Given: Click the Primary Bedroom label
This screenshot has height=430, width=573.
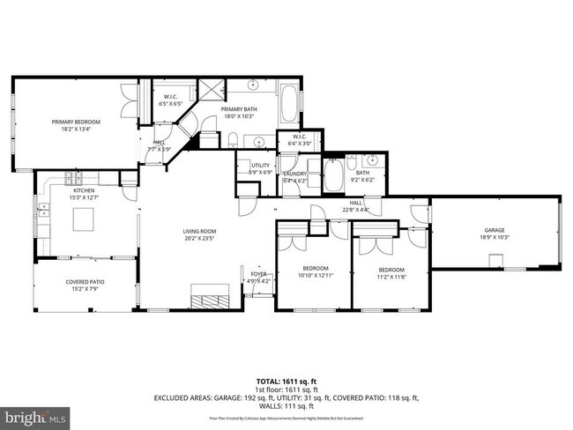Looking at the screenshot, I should (x=75, y=125).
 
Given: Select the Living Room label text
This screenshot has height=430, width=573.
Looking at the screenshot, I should (x=200, y=235).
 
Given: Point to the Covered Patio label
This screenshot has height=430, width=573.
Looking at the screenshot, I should (x=84, y=285).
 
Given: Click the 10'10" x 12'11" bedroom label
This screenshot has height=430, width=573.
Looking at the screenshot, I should (x=316, y=272).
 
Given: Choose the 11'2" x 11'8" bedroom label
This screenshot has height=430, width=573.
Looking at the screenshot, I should (x=391, y=273).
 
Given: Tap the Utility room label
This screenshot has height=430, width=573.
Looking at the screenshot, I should (x=260, y=168).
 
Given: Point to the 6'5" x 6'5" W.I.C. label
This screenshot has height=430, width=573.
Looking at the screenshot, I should (x=170, y=100).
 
